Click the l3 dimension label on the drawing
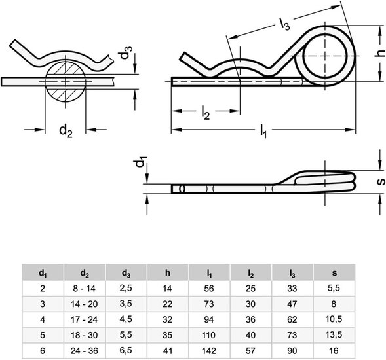point(285,24)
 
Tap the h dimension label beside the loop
point(380,53)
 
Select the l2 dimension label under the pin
point(205,113)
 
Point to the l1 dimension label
point(263,132)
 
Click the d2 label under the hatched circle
point(66,130)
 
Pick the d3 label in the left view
point(126,52)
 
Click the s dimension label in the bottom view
point(381,181)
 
